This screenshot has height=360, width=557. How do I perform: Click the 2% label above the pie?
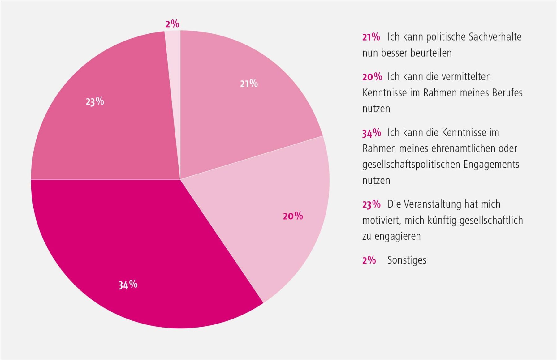tap(172, 24)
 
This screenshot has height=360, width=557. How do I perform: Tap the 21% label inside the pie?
tap(249, 84)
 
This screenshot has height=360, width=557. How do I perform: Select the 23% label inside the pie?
tap(95, 101)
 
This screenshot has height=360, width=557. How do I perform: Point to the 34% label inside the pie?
tap(128, 285)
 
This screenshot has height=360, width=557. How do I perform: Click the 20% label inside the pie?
tap(293, 216)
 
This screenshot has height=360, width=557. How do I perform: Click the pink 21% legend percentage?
tap(371, 37)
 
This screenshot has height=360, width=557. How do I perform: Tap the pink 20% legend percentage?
tap(372, 77)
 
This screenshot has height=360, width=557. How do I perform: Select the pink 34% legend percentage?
tap(372, 133)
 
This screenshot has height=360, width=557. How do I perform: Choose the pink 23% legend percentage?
tap(371, 204)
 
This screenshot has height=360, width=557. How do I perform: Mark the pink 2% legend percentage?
tap(369, 260)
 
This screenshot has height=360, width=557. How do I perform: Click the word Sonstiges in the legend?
tap(407, 260)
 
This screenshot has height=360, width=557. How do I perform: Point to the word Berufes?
tap(507, 93)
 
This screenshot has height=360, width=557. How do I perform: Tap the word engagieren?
tap(397, 237)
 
